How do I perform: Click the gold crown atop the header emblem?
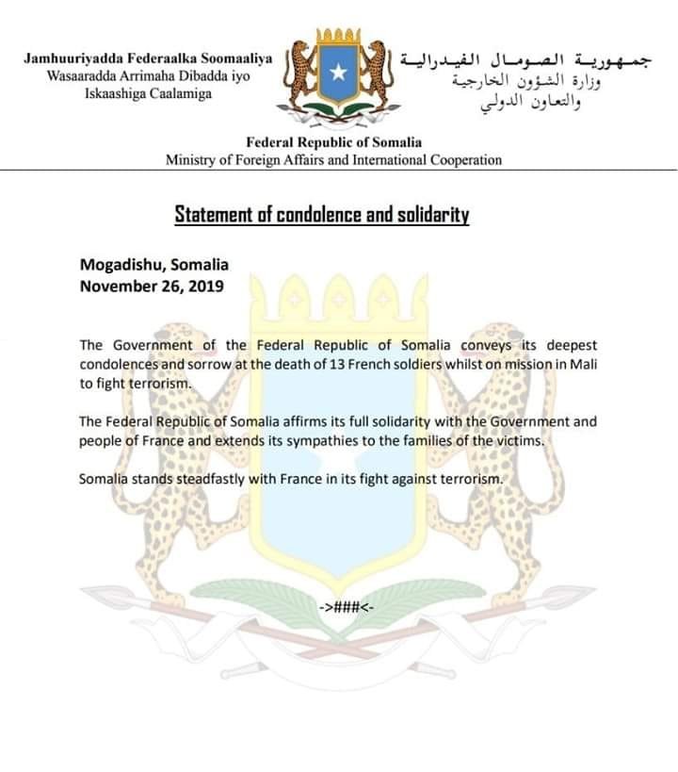point(338,38)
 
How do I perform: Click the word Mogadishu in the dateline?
point(117,265)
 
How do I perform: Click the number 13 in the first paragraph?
point(376,366)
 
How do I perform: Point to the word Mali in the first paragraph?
point(581,366)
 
